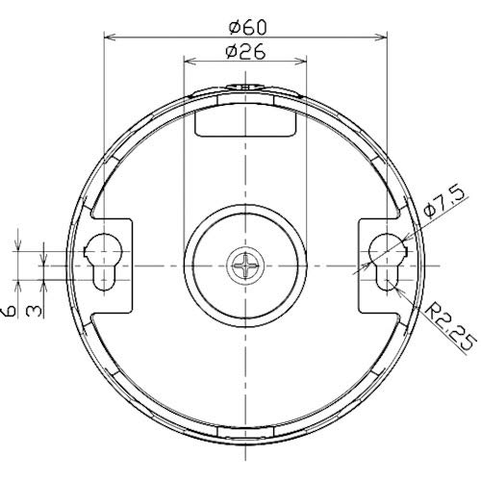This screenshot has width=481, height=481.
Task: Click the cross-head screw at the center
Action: (244, 265)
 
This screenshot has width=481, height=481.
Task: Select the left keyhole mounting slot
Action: (102, 260)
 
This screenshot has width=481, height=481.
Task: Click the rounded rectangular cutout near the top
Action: (244, 122)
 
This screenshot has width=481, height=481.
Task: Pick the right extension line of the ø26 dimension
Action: (306, 144)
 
